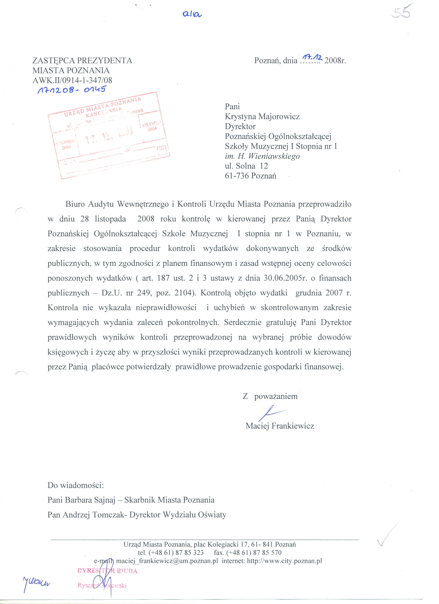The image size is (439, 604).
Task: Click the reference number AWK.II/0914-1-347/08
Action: pos(72,80)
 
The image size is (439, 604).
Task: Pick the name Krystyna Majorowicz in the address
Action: pos(262,117)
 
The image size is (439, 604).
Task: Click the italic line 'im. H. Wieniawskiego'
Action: pos(262,156)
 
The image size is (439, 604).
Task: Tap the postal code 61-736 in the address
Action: pos(237,176)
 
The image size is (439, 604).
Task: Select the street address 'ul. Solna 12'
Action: pos(246,166)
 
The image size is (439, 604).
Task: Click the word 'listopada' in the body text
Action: pos(110,219)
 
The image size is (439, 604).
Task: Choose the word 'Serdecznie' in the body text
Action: pos(243,322)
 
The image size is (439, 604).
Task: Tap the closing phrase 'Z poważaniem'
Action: pos(270,396)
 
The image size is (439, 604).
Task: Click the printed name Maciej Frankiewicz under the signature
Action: pos(280,426)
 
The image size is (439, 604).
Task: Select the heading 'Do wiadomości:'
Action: pos(75,485)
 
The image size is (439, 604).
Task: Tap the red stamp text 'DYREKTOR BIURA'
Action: pos(107,571)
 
